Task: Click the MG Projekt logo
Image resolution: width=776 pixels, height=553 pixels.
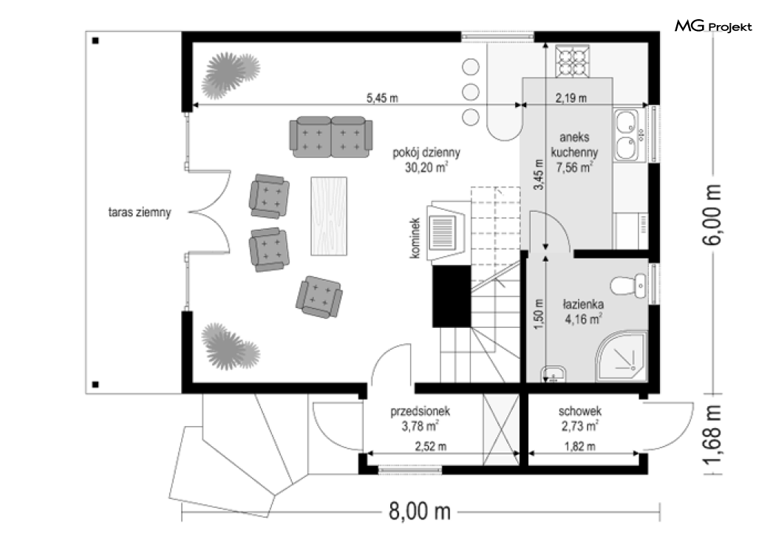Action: [x=713, y=26]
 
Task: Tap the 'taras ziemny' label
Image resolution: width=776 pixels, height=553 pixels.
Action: [x=140, y=213]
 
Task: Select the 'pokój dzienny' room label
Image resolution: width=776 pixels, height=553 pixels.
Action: [x=426, y=153]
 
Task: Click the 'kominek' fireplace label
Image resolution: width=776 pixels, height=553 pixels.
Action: [x=415, y=238]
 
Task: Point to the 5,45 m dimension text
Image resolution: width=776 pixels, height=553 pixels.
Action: [x=382, y=98]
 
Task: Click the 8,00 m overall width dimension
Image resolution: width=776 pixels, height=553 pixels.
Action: [x=420, y=512]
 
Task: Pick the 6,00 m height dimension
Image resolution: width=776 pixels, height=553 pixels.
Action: [x=712, y=214]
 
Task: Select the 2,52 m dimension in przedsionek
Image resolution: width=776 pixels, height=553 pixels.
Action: [x=431, y=447]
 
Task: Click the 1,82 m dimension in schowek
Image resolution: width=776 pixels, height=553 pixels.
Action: [x=579, y=447]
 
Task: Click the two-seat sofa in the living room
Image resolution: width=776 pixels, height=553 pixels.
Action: [x=330, y=137]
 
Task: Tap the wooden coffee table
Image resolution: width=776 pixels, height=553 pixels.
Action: [x=329, y=216]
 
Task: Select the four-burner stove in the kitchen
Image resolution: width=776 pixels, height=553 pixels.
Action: [x=573, y=61]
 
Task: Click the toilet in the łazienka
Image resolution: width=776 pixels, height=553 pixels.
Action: [x=628, y=286]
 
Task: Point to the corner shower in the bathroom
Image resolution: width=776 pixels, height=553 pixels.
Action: [x=622, y=357]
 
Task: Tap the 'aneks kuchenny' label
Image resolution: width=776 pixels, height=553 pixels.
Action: [x=574, y=145]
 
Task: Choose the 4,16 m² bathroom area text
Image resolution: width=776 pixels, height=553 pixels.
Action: [x=583, y=319]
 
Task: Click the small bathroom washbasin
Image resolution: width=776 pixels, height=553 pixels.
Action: [x=553, y=374]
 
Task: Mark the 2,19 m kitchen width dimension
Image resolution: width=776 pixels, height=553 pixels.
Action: [x=571, y=98]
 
